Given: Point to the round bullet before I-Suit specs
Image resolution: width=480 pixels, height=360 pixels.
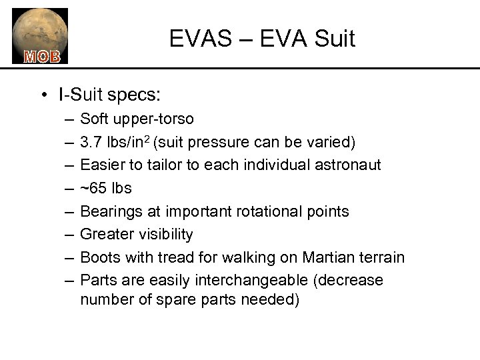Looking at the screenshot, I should pyautogui.click(x=43, y=96).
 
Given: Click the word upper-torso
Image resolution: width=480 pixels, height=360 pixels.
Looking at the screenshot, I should pyautogui.click(x=155, y=119).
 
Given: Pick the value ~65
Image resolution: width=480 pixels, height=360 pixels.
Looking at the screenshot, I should pyautogui.click(x=93, y=188).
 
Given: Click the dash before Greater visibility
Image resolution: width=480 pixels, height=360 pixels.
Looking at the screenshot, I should pyautogui.click(x=69, y=234).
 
